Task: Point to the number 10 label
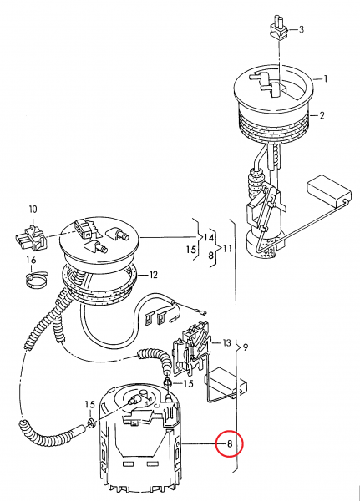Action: (x=33, y=209)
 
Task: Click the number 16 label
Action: (x=31, y=260)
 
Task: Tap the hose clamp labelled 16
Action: (x=35, y=283)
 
